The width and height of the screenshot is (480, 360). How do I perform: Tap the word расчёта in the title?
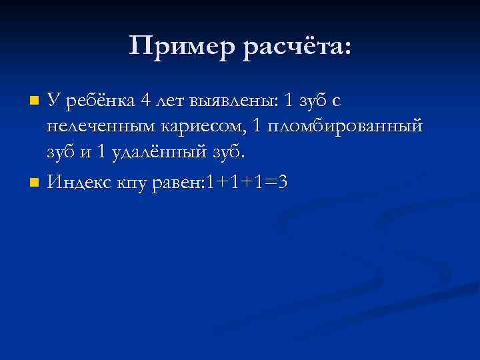tap(296, 47)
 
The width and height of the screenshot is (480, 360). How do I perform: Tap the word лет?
tap(170, 101)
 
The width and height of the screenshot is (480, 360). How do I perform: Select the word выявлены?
tap(233, 101)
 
